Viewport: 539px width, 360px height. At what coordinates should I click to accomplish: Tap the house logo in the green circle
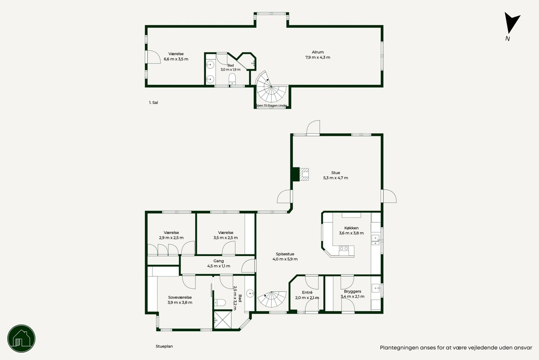[x=22, y=338]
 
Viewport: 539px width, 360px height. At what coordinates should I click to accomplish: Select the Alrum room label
[x=318, y=52]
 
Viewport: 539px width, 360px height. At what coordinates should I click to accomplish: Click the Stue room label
[x=336, y=173]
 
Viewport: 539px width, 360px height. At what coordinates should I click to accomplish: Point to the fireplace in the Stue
[x=301, y=174]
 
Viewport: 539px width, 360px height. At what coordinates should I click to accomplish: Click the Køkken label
[x=351, y=228]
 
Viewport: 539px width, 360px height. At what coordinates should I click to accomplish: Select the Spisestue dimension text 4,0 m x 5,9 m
[x=285, y=259]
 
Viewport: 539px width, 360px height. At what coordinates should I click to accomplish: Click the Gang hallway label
[x=218, y=261]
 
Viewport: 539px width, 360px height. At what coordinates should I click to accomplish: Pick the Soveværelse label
[x=180, y=298]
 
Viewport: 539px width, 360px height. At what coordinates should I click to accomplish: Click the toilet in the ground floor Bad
[x=220, y=302]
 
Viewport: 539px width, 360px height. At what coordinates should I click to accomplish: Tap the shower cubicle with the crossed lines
[x=223, y=320]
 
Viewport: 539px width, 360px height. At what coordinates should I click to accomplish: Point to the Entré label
[x=307, y=292]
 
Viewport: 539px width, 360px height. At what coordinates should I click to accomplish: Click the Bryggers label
[x=352, y=291]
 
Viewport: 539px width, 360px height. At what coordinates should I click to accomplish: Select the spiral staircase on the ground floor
[x=272, y=299]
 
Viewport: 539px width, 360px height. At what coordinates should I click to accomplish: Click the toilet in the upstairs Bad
[x=232, y=79]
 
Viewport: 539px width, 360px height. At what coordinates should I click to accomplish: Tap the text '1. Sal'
[x=154, y=102]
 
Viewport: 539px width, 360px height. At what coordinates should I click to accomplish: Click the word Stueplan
[x=164, y=346]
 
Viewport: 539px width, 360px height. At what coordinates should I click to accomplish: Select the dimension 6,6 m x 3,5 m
[x=176, y=59]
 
